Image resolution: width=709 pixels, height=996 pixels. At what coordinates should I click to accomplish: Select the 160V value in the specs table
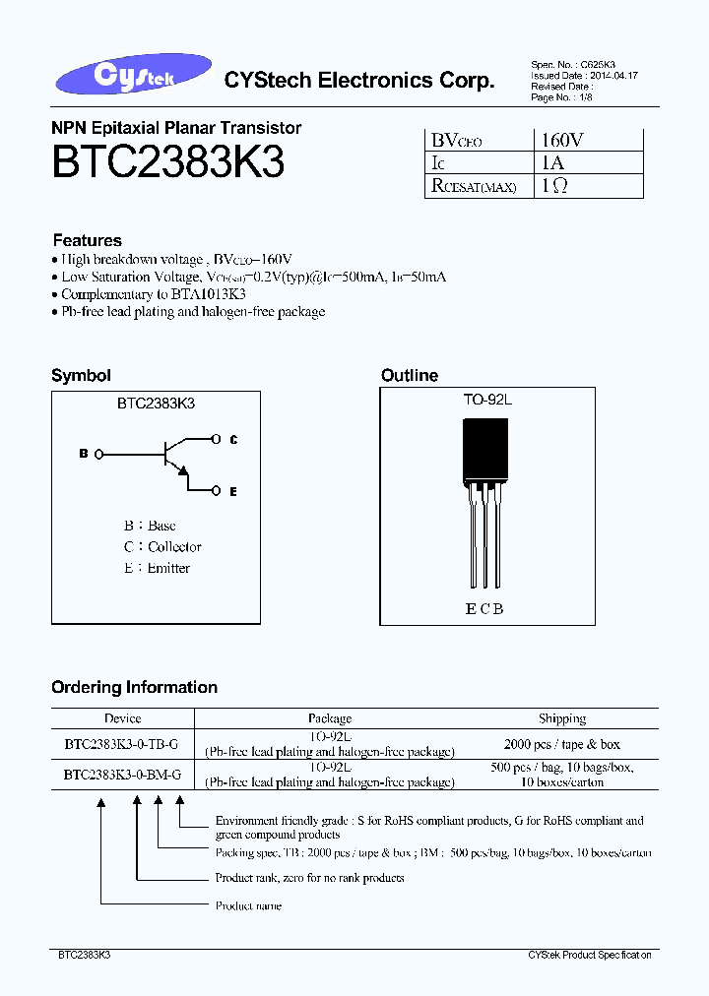[561, 140]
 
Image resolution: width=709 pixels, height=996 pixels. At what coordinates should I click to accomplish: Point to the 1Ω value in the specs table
[552, 185]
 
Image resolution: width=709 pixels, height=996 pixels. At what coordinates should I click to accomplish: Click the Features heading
[87, 240]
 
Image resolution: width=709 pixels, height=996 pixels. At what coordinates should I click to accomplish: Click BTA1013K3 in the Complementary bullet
[208, 294]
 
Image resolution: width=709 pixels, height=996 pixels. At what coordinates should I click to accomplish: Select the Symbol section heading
[81, 375]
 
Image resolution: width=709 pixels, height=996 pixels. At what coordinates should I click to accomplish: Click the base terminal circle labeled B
[97, 454]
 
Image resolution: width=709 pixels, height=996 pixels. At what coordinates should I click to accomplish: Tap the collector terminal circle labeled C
[219, 440]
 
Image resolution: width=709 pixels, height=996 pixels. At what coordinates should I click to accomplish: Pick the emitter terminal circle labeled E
[219, 490]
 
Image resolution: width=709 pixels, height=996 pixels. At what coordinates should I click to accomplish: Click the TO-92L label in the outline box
[488, 401]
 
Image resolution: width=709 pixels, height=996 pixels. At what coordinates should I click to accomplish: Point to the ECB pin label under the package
[484, 609]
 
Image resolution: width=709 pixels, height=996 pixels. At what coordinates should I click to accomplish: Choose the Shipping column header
[561, 718]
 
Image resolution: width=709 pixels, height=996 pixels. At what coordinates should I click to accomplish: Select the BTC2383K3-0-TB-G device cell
[122, 744]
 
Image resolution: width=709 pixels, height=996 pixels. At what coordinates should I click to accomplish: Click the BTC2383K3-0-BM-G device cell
[122, 775]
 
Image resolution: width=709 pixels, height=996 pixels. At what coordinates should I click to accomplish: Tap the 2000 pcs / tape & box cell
[561, 744]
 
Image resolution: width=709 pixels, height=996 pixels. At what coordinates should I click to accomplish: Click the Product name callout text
[248, 905]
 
